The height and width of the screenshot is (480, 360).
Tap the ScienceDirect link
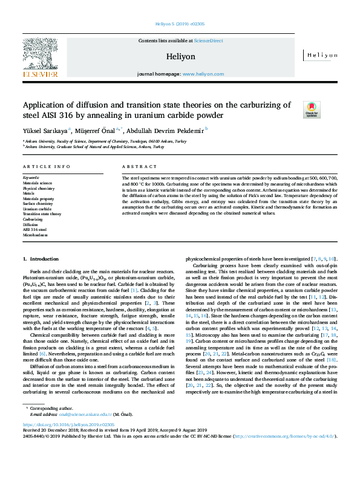point(208,41)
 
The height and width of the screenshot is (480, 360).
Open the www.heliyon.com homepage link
point(203,73)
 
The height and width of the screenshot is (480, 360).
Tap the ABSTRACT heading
point(136,166)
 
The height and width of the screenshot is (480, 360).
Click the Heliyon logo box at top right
point(321,55)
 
